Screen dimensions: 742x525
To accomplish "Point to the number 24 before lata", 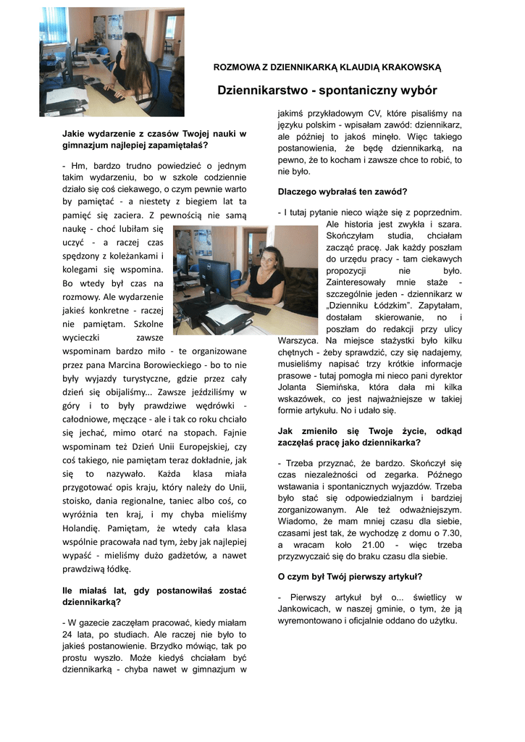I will pyautogui.click(x=69, y=635).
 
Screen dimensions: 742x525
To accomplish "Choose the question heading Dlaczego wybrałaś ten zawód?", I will pyautogui.click(x=343, y=192).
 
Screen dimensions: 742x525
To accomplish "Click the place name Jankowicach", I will pyautogui.click(x=308, y=610).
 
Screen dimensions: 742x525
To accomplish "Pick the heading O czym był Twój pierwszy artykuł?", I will pyautogui.click(x=350, y=577).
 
